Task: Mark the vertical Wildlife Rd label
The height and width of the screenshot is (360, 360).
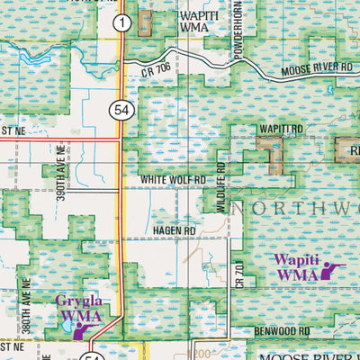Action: [x=220, y=181]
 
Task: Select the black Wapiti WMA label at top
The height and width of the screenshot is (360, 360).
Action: [x=201, y=22]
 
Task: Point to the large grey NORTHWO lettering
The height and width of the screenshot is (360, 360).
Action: [x=297, y=208]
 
